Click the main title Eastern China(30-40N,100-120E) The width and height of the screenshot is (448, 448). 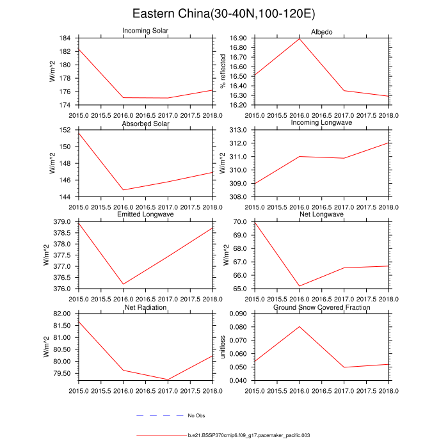[x=223, y=13]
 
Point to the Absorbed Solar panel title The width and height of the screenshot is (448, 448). [x=145, y=124]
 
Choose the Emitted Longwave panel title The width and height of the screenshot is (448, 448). [x=145, y=215]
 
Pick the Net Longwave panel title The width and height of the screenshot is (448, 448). [x=321, y=215]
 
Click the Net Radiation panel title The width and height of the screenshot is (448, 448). [x=145, y=308]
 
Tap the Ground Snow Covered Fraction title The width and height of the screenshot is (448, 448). [x=321, y=308]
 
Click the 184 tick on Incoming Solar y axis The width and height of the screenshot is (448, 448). [x=68, y=38]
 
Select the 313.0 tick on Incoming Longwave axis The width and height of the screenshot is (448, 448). [x=239, y=130]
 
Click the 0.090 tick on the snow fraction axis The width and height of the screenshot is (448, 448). [x=238, y=314]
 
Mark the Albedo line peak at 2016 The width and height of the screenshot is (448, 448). [x=299, y=38]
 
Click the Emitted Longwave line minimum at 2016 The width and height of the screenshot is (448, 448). [x=123, y=284]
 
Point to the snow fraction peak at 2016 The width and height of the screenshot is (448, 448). [x=299, y=326]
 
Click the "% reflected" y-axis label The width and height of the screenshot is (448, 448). [x=223, y=71]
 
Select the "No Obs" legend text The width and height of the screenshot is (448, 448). [x=196, y=415]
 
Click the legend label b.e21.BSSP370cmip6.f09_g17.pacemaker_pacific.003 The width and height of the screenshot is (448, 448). [x=249, y=435]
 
